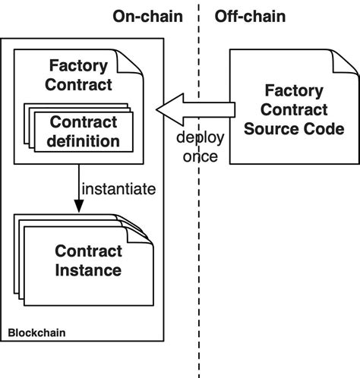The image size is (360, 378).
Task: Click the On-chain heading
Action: click(148, 16)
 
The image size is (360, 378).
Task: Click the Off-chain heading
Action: click(251, 16)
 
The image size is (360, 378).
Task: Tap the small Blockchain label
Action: click(36, 332)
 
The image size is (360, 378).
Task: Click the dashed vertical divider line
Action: click(199, 228)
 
